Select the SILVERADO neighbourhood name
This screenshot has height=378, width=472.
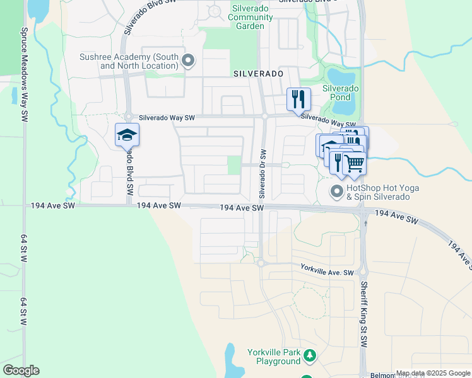258,74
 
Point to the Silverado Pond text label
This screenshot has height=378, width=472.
341,93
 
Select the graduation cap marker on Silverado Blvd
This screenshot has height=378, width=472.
127,135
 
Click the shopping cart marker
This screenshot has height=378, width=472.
355,163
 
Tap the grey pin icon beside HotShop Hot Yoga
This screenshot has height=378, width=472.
337,190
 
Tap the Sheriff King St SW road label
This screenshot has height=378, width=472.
364,315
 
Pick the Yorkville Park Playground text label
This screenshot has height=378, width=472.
274,357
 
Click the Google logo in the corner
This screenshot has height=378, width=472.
21,370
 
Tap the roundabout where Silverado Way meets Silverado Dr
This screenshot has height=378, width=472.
265,116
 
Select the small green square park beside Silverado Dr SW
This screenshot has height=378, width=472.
233,165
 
